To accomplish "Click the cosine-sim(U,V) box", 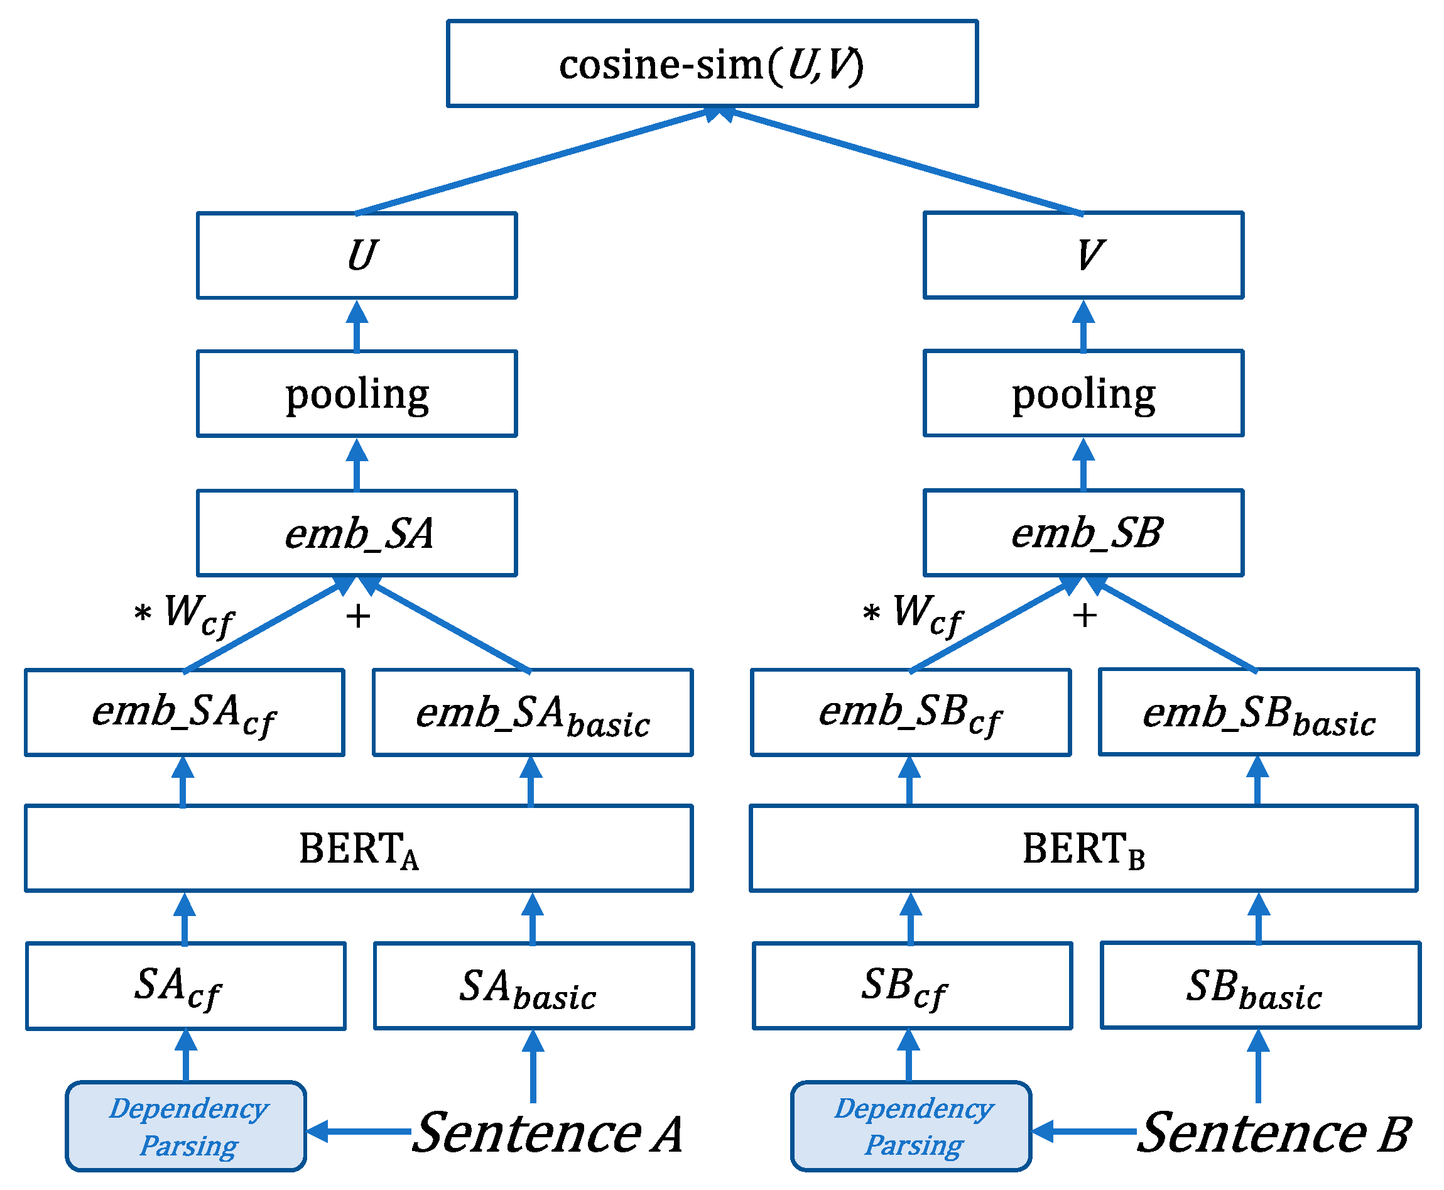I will tap(712, 63).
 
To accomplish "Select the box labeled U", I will tap(356, 255).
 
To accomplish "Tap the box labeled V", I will tap(1083, 255).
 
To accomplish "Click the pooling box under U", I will tap(356, 393).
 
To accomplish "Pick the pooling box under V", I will tap(1083, 393).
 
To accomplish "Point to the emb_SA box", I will tap(356, 533).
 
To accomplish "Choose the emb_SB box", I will tap(1083, 533).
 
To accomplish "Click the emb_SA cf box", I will tap(185, 712).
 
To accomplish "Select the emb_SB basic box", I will tap(1258, 712).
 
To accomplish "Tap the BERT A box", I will tap(359, 849).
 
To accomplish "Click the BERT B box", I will tap(1083, 849).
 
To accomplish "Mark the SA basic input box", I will tap(534, 986).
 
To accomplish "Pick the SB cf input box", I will tap(911, 986).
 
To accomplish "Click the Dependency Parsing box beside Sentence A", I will tap(186, 1127).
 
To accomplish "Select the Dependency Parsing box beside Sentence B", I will tap(911, 1127).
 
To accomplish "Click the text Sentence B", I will tap(1273, 1133).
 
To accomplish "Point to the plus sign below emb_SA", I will tap(358, 616).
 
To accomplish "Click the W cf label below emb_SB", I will tap(926, 612).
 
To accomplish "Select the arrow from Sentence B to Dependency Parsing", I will tap(1083, 1132).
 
